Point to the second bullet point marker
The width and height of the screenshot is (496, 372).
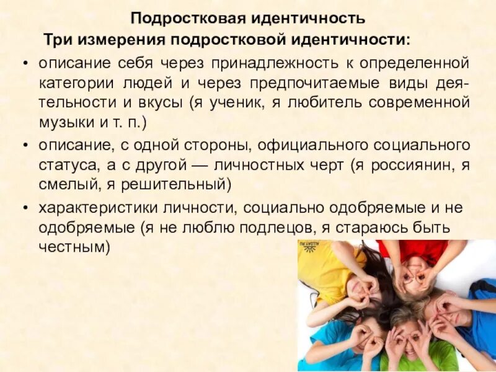pos(24,146)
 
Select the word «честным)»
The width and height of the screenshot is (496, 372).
pos(74,247)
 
